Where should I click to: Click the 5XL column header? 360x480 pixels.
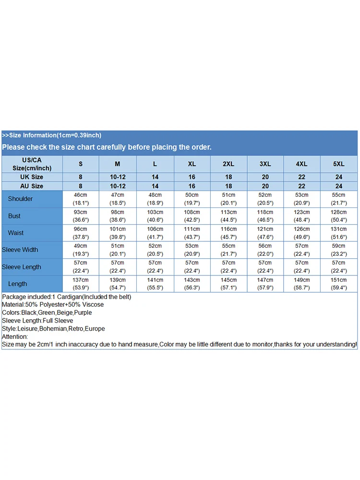339,164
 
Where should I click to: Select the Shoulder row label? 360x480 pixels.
20,199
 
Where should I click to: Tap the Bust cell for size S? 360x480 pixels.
81,216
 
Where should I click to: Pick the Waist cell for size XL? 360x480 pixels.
192,233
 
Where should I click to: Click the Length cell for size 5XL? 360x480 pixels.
339,284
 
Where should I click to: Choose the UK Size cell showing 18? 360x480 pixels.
228,177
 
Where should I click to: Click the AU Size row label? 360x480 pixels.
32,186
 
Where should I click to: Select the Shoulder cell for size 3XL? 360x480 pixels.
265,199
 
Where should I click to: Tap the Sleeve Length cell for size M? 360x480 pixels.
118,267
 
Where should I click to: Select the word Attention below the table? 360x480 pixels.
15,336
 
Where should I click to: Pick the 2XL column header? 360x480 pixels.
228,164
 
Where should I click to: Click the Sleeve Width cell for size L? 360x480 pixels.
155,250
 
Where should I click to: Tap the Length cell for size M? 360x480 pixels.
118,284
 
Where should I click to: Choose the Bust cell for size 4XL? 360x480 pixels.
302,216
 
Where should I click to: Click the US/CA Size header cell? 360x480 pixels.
32,164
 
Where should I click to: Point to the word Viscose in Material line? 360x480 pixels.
92,305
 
